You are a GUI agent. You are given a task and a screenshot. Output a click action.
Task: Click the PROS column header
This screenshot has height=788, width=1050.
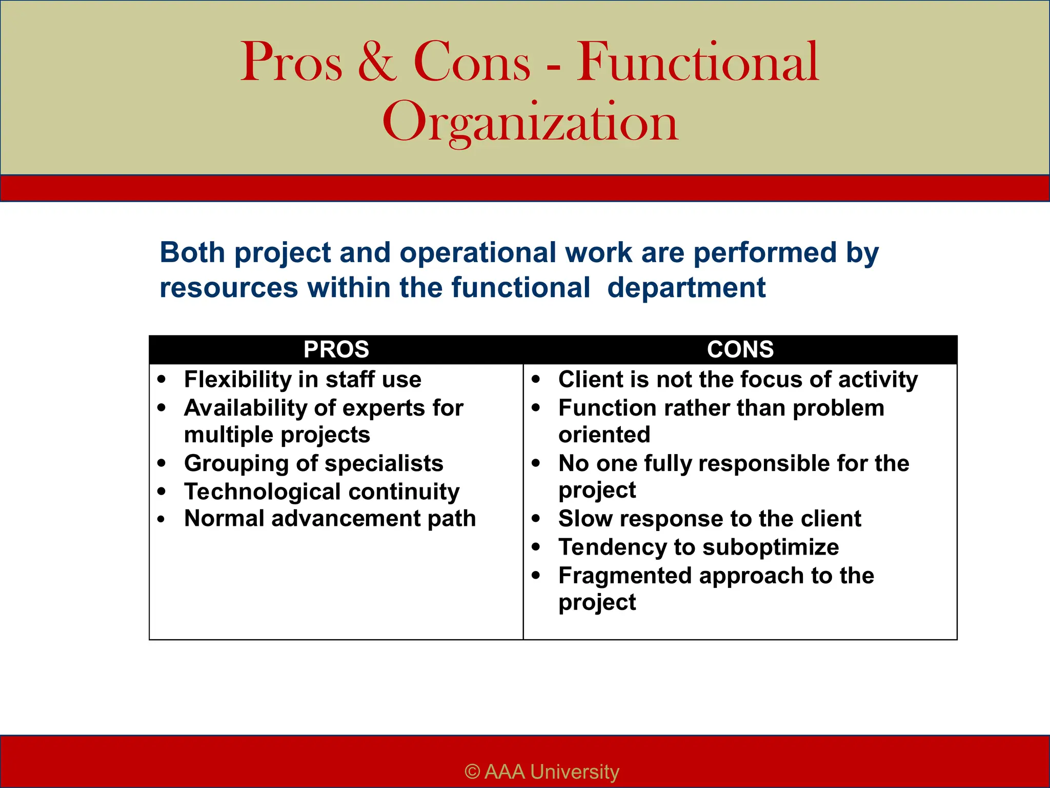pyautogui.click(x=336, y=349)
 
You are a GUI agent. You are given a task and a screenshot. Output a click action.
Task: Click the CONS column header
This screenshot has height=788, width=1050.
pyautogui.click(x=740, y=349)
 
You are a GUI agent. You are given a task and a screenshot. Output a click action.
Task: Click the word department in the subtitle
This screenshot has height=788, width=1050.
pyautogui.click(x=686, y=287)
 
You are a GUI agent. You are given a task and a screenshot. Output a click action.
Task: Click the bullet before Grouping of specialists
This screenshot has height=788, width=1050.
pyautogui.click(x=162, y=463)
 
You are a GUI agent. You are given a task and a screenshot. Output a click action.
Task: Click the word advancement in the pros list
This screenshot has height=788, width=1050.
pyautogui.click(x=346, y=518)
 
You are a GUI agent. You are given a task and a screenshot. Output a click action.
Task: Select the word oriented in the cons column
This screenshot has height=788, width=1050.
pyautogui.click(x=604, y=435)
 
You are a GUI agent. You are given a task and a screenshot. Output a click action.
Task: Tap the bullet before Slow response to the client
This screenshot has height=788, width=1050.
pyautogui.click(x=536, y=519)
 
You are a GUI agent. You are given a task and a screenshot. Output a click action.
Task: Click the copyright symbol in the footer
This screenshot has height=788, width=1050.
pyautogui.click(x=472, y=772)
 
